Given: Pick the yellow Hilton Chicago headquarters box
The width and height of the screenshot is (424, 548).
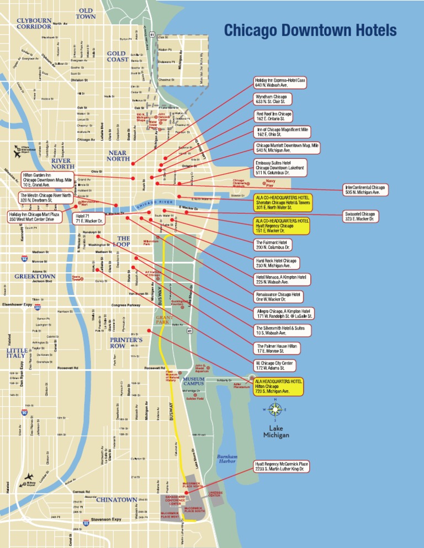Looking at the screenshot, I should tap(279, 386).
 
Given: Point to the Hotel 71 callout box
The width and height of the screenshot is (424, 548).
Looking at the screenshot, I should tap(88, 218).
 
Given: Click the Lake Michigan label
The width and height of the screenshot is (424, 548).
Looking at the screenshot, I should tap(275, 432).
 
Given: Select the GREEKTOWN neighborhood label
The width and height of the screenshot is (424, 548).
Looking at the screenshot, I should tap(35, 276).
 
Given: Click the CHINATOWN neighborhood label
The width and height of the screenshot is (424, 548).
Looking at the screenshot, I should tap(116, 500).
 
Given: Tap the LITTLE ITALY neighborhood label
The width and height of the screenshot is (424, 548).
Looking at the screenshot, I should tap(15, 353).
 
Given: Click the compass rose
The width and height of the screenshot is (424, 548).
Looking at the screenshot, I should tap(275, 410).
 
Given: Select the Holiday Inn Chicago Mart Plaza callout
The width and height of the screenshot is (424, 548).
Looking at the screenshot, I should tap(31, 217).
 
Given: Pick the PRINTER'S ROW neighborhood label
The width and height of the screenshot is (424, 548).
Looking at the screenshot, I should tap(126, 343).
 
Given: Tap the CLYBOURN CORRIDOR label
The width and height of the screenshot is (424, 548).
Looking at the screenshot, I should tap(34, 23).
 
